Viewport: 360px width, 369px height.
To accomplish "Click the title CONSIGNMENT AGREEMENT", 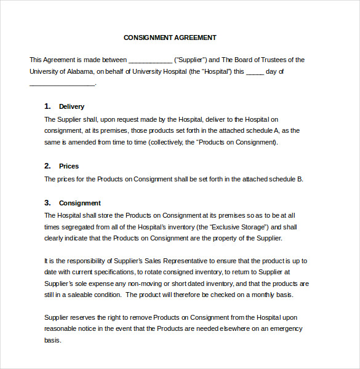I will point(170,38).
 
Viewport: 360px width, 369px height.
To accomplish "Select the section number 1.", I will point(47,106).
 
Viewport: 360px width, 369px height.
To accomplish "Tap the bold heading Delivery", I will point(71,106).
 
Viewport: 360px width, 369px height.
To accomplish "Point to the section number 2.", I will point(47,166).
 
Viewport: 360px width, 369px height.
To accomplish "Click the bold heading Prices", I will point(69,166).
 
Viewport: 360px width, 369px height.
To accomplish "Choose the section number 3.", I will point(47,202).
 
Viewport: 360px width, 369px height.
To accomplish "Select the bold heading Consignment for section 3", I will point(79,203).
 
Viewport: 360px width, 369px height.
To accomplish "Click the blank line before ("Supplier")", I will point(150,60).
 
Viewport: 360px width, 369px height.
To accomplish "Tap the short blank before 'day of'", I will point(255,72).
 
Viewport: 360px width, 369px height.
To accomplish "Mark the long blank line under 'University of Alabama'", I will point(62,84).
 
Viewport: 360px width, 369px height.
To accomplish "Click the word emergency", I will point(283,328).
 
